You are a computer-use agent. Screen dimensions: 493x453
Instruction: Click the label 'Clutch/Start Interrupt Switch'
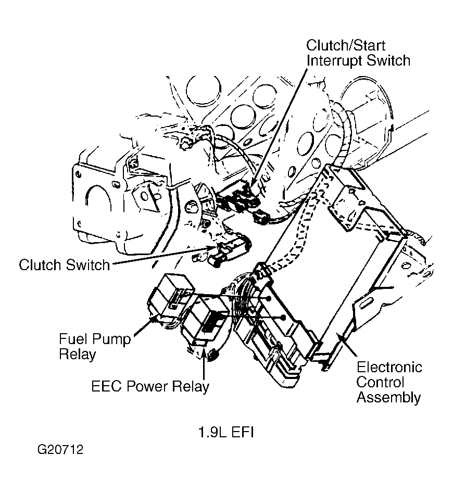[x=358, y=52]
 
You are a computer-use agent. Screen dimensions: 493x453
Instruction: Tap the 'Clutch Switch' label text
[x=64, y=265]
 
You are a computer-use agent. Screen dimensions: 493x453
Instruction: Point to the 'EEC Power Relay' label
[x=150, y=386]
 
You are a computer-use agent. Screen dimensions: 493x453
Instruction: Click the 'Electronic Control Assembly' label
[x=388, y=383]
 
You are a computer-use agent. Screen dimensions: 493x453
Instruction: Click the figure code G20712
[x=60, y=449]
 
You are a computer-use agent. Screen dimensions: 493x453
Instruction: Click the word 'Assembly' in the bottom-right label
[x=388, y=398]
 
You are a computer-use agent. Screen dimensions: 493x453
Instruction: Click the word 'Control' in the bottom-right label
[x=380, y=383]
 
